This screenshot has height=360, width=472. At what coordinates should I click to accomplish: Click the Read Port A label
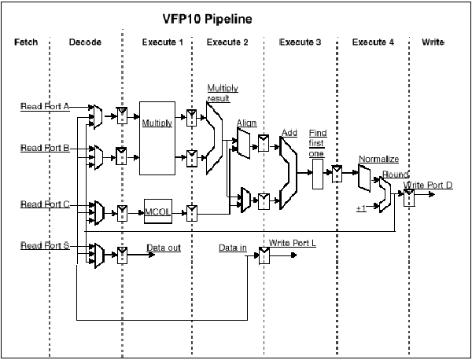[45, 107]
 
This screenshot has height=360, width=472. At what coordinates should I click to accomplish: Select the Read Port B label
[45, 148]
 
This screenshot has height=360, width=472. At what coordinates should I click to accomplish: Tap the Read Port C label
[45, 204]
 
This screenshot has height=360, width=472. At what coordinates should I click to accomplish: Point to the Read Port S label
[45, 246]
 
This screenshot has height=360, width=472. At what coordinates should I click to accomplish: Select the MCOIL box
[162, 211]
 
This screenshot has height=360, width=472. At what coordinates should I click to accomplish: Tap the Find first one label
[318, 142]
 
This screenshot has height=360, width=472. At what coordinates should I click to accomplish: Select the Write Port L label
[293, 243]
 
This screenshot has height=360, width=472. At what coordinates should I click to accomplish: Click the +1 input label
[361, 208]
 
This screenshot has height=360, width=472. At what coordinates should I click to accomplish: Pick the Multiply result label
[222, 94]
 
